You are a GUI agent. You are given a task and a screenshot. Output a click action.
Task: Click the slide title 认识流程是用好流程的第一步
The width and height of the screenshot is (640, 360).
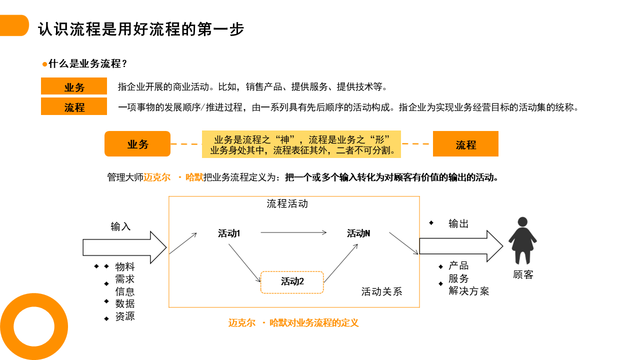141,29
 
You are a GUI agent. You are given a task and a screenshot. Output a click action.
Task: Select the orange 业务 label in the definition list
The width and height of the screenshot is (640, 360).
74,87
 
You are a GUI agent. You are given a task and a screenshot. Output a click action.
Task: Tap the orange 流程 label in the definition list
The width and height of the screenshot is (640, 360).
74,107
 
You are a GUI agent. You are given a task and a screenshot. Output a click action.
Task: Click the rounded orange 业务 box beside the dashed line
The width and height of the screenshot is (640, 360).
137,144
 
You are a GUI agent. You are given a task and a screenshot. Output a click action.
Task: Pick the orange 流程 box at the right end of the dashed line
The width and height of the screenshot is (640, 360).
465,144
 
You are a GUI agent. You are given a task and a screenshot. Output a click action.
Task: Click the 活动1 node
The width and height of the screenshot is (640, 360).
229,233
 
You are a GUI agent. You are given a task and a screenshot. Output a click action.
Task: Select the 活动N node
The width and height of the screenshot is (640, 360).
358,233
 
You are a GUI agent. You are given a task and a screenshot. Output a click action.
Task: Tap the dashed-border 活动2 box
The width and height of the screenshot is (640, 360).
292,281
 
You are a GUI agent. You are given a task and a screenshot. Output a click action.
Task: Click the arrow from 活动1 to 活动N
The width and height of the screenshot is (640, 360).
293,232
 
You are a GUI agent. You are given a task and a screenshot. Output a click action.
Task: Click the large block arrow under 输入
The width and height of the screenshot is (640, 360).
124,247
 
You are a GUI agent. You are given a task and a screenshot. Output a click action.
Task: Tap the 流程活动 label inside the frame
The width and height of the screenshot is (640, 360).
287,203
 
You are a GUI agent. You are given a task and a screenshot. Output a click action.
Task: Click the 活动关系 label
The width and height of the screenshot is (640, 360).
381,291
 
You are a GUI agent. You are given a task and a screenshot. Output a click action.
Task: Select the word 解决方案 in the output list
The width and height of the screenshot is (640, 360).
468,291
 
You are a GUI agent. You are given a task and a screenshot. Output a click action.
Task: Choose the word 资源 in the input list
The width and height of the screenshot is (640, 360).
125,316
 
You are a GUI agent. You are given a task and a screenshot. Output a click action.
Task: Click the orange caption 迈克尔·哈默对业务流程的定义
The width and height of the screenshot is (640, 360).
293,323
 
